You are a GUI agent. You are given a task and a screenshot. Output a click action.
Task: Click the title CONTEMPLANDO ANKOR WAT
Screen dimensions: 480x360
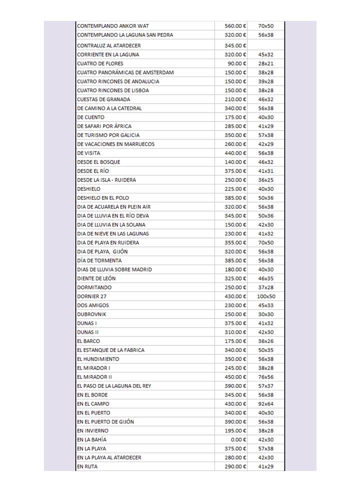[x=113, y=26]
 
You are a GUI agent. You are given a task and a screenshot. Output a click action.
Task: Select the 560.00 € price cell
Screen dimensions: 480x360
[x=235, y=26]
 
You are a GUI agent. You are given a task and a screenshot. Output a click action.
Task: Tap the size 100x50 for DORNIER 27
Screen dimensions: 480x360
[x=266, y=296]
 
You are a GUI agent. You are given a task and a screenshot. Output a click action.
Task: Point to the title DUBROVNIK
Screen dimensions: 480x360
[x=91, y=314]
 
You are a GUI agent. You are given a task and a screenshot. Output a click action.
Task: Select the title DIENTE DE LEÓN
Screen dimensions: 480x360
[x=96, y=278]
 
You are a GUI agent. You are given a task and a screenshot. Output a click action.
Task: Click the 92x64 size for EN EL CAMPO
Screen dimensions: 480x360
[x=266, y=404]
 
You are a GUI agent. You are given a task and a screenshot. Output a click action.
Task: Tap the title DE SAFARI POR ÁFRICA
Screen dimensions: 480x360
[x=104, y=126]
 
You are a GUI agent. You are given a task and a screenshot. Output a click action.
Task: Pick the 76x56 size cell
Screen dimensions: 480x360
[x=266, y=377]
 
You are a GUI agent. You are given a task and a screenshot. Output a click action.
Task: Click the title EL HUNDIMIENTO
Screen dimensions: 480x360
[x=98, y=359]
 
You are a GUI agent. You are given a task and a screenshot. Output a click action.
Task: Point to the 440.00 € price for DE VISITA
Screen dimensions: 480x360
[x=235, y=153]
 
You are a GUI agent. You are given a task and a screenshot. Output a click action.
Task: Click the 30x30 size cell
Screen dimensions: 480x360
[x=266, y=314]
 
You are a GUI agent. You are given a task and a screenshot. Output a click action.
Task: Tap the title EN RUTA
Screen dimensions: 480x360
[x=87, y=466]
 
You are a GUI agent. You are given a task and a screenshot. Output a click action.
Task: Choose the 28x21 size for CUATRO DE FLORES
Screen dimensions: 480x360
[x=266, y=63]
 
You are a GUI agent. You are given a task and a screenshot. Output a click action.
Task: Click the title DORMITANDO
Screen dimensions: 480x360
[x=94, y=287]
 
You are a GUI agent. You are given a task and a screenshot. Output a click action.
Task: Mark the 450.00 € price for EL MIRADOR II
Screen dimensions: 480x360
[x=235, y=377]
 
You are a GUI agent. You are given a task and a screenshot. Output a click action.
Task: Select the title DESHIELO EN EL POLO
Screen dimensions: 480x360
[x=103, y=198]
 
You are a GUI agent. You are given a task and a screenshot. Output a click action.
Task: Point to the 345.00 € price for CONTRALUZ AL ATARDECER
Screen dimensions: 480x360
[x=235, y=45]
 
